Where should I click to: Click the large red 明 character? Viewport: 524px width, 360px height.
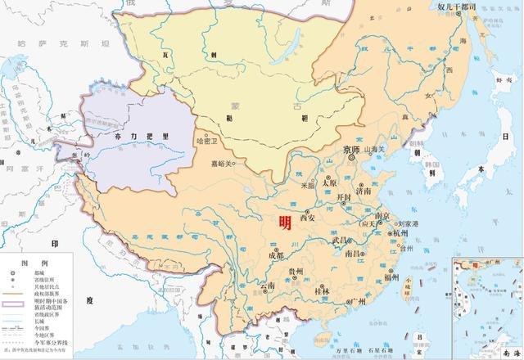pos(285,222)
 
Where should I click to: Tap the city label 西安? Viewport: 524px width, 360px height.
pos(309,218)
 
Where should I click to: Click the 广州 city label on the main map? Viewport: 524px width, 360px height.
pos(356,302)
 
